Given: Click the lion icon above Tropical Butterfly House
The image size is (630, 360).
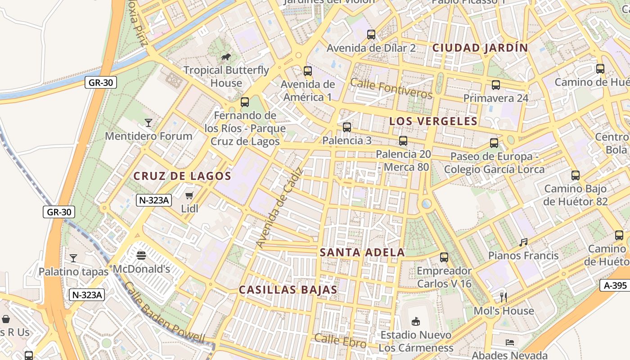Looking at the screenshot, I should pos(226,57).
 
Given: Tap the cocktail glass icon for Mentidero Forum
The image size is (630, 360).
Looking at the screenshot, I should pos(148,122).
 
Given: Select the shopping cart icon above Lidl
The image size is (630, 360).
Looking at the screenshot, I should pos(189,195).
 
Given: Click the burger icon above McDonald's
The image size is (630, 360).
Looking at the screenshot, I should pos(141,256).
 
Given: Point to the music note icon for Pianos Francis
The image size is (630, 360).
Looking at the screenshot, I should pos(523,242).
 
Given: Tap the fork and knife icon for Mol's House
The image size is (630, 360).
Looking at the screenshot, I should pos(504,297).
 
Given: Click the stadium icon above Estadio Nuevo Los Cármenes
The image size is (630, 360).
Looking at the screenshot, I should pos(416,321).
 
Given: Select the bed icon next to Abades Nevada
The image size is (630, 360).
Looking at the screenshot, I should pos(509,342).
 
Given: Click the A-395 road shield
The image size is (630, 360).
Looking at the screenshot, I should pos(615,285).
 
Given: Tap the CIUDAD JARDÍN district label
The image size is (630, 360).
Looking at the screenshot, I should pos(480,48).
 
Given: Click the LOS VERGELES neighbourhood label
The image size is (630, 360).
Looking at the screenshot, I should pos(433,121).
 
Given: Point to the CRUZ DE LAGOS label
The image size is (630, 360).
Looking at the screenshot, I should pos(182,176).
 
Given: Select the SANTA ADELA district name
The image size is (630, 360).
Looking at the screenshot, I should pos(362,252).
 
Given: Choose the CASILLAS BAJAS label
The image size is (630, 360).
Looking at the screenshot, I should pos(288,290).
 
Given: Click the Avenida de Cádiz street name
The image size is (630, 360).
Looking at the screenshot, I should pos(279,208).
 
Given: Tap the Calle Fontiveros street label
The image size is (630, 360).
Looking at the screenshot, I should pos(391,88).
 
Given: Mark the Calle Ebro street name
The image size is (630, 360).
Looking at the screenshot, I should pos(340,340).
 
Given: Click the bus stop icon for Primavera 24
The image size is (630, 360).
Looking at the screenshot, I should pos(496,85).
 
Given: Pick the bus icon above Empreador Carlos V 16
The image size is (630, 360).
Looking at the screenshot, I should pos(444,257).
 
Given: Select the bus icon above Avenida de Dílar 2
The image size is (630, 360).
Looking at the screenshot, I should pos(371,34).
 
